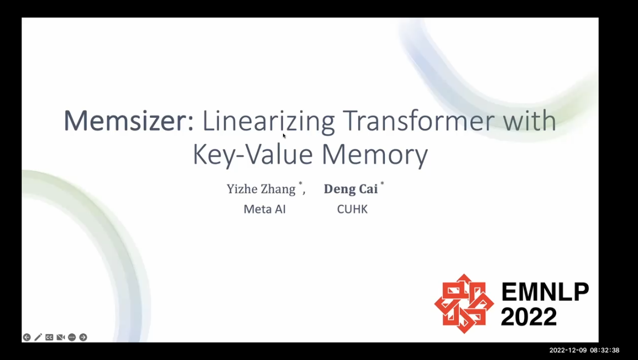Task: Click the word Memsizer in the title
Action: tap(129, 121)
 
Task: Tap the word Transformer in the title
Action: tap(419, 121)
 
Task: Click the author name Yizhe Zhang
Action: tap(261, 189)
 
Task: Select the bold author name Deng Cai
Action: tap(351, 189)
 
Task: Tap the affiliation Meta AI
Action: tap(264, 209)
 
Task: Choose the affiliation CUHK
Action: tap(352, 209)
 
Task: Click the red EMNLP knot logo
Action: tap(464, 304)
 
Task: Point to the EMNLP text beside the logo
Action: tap(545, 291)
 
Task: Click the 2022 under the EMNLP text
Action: tap(529, 316)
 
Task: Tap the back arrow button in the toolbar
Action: tap(27, 337)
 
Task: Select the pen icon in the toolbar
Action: tap(38, 337)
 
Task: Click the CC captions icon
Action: tap(49, 337)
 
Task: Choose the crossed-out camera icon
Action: tap(61, 337)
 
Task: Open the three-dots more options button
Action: tap(72, 337)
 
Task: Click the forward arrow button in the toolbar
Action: tap(83, 337)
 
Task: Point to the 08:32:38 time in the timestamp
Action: tap(605, 350)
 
